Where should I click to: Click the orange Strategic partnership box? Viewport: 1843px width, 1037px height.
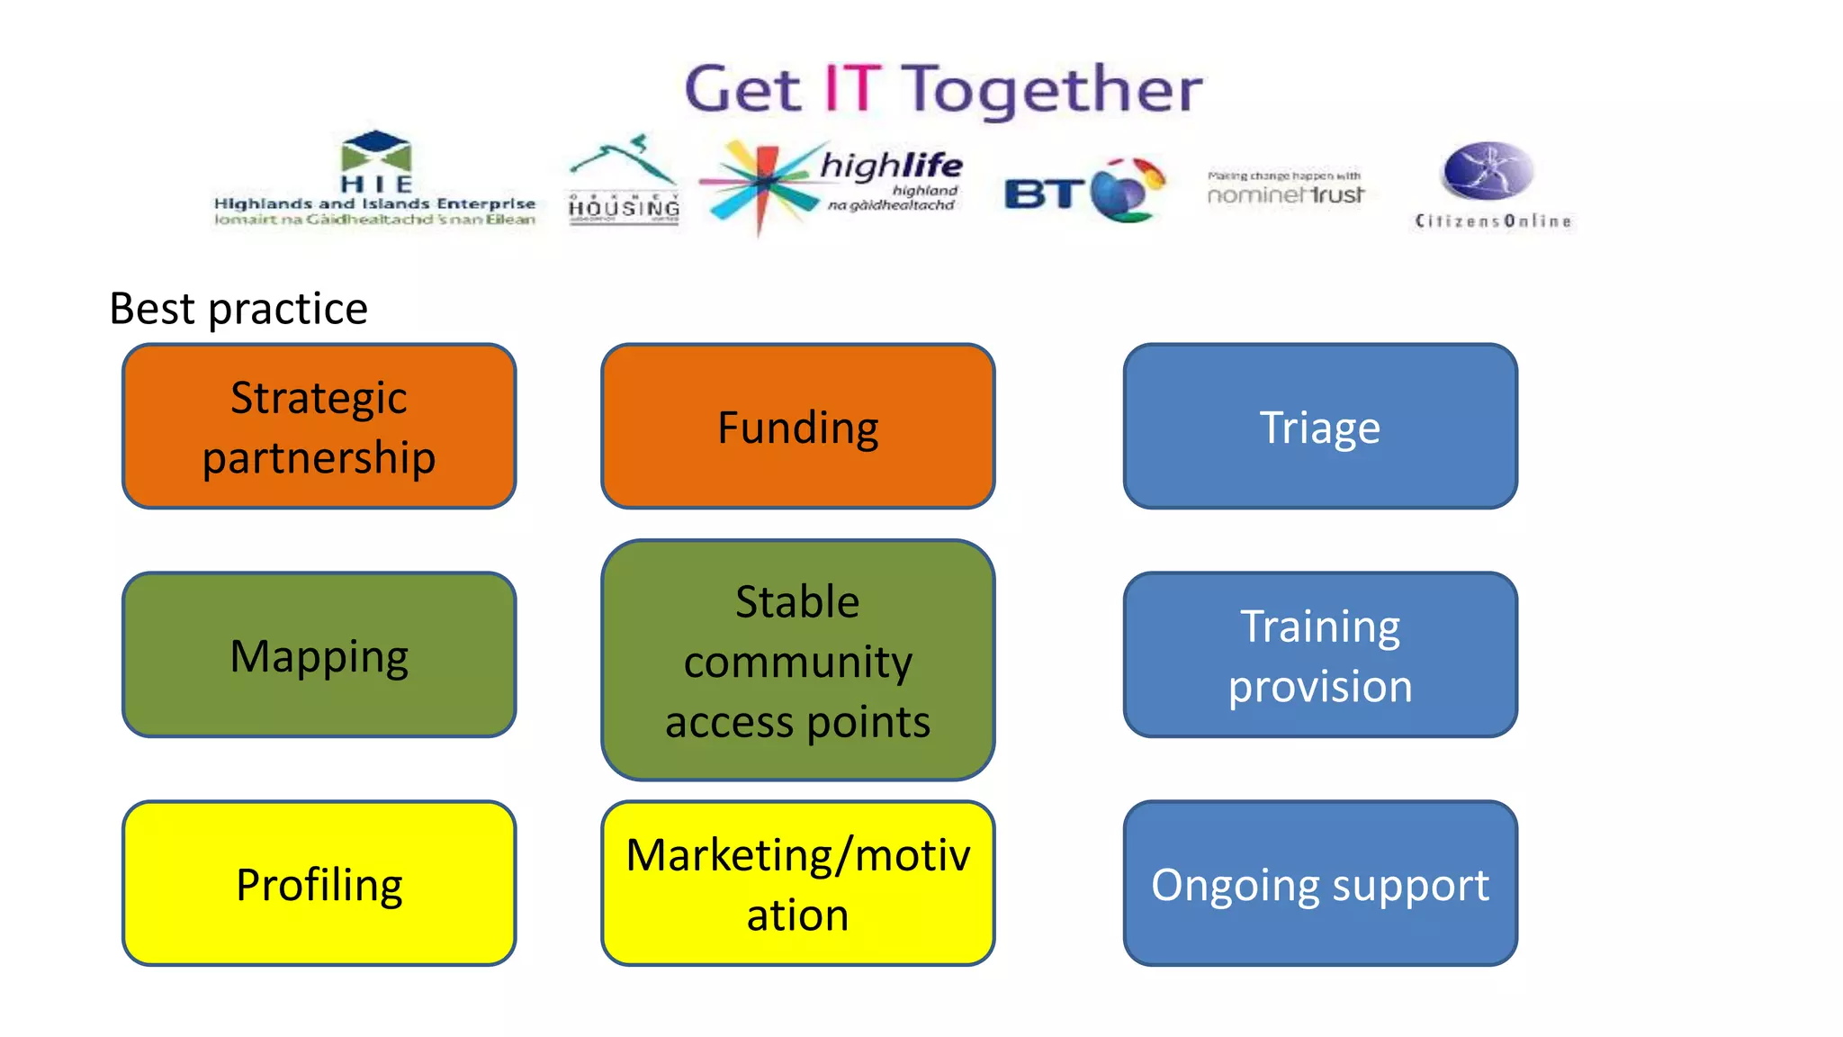point(319,426)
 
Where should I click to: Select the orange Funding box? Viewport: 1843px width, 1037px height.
point(797,426)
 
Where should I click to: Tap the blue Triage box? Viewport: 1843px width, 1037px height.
point(1319,426)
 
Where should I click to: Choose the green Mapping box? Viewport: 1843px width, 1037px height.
point(319,654)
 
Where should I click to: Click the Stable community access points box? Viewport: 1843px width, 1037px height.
point(797,660)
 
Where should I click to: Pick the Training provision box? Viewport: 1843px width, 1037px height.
point(1319,654)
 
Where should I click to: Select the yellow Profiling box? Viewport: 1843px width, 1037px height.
point(319,883)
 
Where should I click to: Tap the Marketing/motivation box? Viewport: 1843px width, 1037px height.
point(797,883)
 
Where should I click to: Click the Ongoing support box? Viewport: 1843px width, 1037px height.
point(1319,883)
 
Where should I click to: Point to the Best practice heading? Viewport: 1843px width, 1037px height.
point(238,309)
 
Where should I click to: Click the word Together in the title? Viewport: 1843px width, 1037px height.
point(1051,90)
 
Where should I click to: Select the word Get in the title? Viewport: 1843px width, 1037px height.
point(742,90)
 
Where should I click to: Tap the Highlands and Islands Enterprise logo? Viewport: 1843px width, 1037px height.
point(375,180)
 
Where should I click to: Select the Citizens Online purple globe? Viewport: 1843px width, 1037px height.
point(1488,171)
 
